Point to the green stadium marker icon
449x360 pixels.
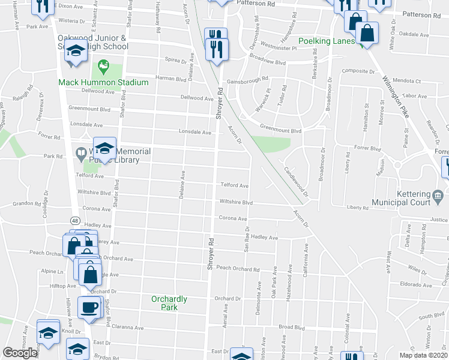click(x=103, y=64)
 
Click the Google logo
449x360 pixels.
click(x=20, y=353)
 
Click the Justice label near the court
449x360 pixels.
click(x=439, y=220)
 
